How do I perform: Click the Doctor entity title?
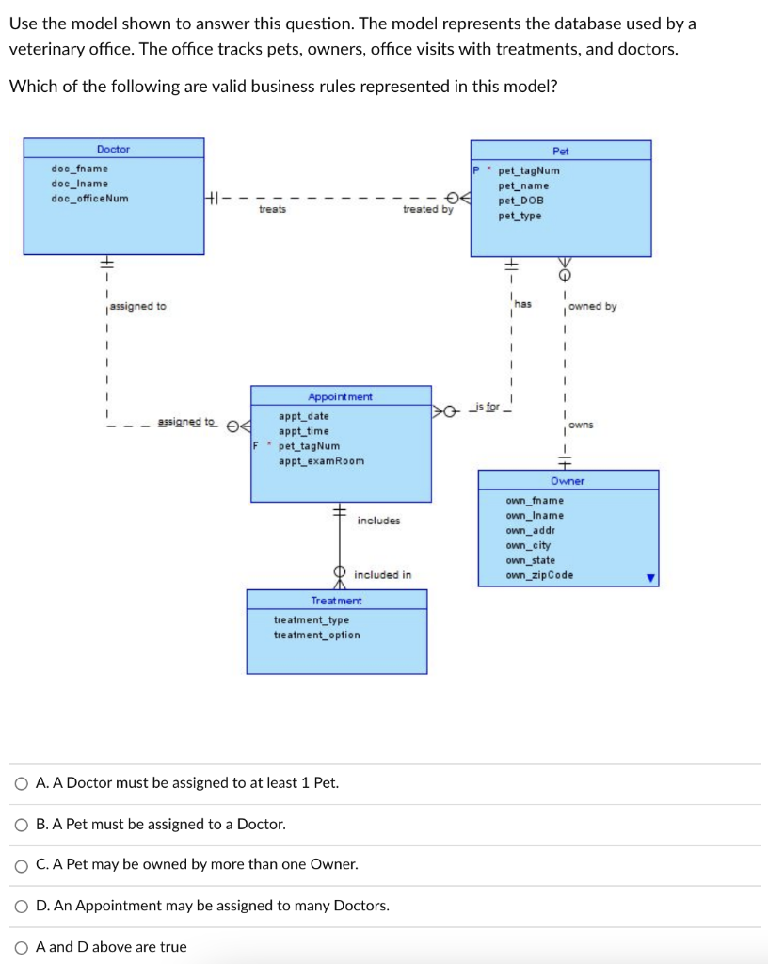[x=113, y=149]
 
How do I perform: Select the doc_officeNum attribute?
[x=90, y=199]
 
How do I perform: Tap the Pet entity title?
[x=560, y=151]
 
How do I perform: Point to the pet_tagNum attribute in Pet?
[x=528, y=171]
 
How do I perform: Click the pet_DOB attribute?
[x=520, y=201]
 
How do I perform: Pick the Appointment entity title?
[x=340, y=397]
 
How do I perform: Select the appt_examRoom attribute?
[x=321, y=461]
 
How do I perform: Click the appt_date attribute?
[x=304, y=416]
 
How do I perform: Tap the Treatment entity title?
[x=336, y=601]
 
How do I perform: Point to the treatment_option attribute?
[x=316, y=635]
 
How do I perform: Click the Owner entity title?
[x=568, y=481]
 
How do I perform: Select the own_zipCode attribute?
[x=538, y=576]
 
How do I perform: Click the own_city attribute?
[x=528, y=546]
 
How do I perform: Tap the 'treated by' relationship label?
[x=427, y=210]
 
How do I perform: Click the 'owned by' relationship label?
[x=593, y=307]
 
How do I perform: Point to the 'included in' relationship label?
[x=382, y=574]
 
